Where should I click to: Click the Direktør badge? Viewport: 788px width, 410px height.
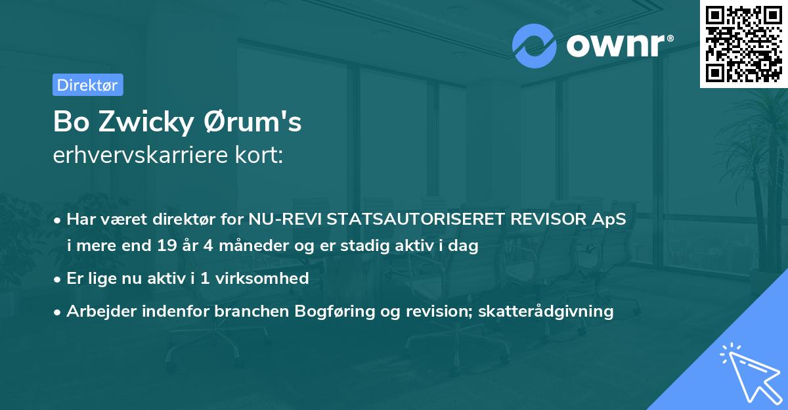87,85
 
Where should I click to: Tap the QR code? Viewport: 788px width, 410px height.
743,43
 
